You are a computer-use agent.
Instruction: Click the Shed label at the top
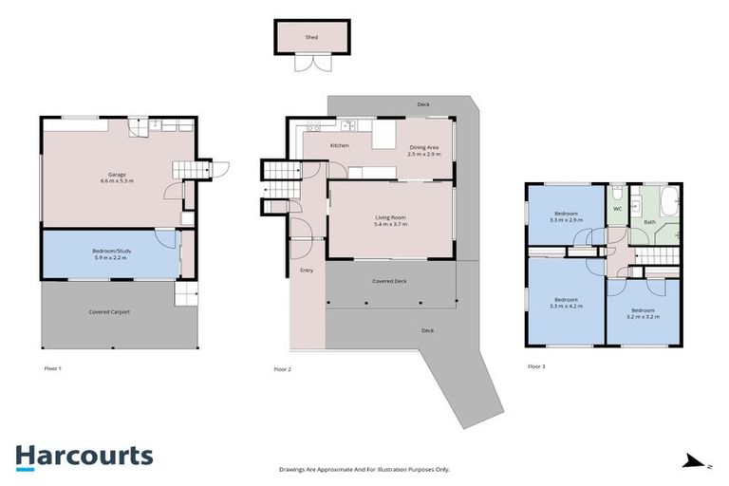(x=310, y=37)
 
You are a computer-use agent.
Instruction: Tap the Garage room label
(x=117, y=175)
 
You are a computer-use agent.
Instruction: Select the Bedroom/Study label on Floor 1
(x=111, y=251)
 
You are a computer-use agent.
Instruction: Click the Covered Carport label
(x=109, y=311)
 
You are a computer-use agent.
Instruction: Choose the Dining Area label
(x=424, y=147)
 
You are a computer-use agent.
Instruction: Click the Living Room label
(x=390, y=217)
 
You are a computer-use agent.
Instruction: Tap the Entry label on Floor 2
(x=307, y=271)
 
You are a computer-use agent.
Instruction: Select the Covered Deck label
(x=389, y=281)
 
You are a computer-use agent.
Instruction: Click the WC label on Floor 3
(x=617, y=208)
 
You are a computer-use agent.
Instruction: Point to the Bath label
(x=649, y=222)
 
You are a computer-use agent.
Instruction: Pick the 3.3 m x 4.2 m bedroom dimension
(x=566, y=304)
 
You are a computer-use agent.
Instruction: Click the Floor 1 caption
(x=53, y=367)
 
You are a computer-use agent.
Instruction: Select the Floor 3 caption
(x=537, y=365)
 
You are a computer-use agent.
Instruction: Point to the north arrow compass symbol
(x=696, y=461)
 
